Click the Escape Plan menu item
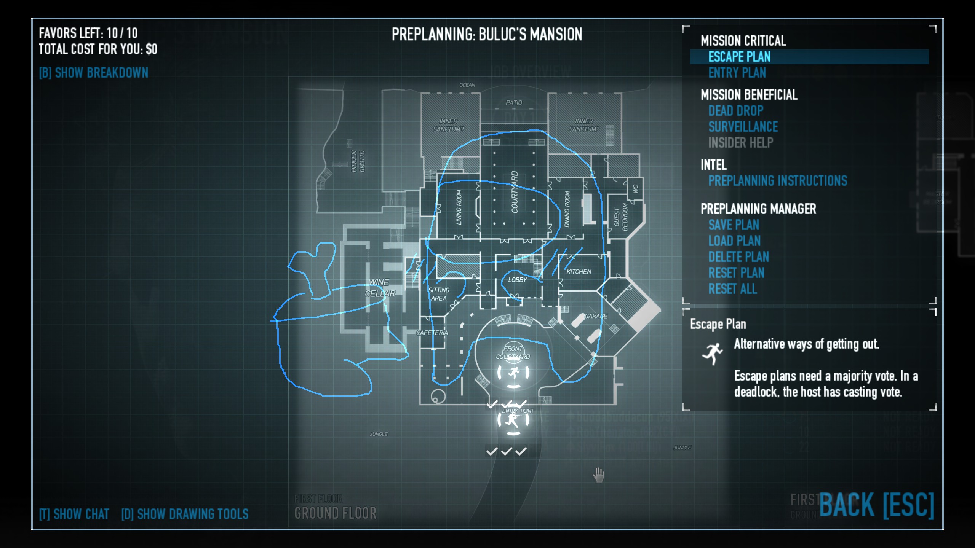[x=739, y=57]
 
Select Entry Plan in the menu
[x=737, y=73]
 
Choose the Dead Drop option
[x=736, y=111]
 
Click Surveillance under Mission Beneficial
[x=743, y=127]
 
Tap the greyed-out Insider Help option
[x=741, y=143]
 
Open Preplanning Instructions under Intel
[x=778, y=181]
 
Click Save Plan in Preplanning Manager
[x=734, y=225]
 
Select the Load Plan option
[x=734, y=241]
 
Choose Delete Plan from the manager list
[x=738, y=257]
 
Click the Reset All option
[x=732, y=289]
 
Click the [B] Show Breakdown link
[x=94, y=73]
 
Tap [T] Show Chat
[x=74, y=514]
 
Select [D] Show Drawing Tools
[x=185, y=514]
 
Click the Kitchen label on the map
[x=579, y=272]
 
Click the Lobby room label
[x=517, y=280]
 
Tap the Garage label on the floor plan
[x=596, y=316]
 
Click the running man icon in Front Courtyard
[x=513, y=373]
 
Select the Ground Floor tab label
[x=335, y=513]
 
